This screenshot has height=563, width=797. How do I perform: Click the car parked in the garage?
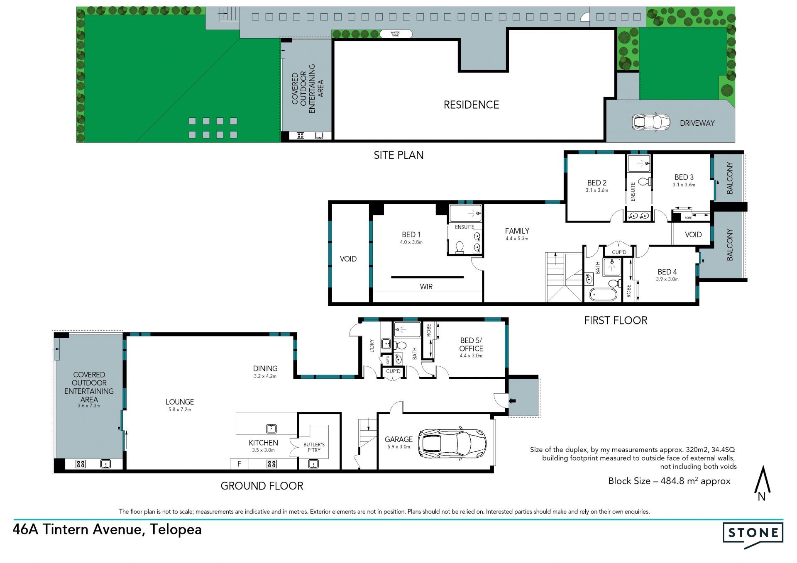point(452,443)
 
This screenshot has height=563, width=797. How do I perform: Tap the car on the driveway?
point(650,122)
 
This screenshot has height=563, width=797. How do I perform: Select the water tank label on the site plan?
point(395,34)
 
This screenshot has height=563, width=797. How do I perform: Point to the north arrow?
point(762,484)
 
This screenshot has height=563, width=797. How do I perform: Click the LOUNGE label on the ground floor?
point(180,402)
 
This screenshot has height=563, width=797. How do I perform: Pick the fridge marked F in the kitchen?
point(240,464)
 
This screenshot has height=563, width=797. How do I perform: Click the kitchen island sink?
point(271,428)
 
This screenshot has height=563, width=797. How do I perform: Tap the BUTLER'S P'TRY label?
point(314,447)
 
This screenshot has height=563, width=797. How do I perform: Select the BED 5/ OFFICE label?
point(471,344)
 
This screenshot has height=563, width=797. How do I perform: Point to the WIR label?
point(426,287)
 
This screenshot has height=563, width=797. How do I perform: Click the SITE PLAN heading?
point(398,155)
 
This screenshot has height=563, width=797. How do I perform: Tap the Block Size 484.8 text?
point(669,481)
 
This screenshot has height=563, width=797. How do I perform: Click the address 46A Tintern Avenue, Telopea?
point(107,529)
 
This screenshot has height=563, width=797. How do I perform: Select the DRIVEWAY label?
point(697,123)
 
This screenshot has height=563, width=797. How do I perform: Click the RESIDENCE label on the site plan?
point(471,105)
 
